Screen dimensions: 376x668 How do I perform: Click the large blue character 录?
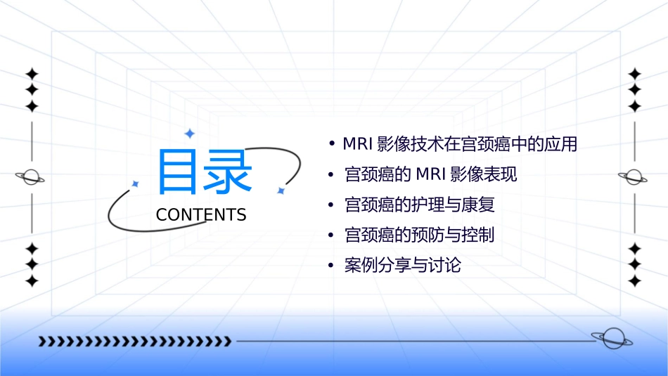[226, 172]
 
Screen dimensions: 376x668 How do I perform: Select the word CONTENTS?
[201, 215]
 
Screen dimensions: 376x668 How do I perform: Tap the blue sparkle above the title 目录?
[188, 134]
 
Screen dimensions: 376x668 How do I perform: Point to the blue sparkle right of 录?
[280, 190]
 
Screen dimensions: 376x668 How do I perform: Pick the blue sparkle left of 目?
[136, 183]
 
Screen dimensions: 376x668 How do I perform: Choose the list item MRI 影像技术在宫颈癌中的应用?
[460, 144]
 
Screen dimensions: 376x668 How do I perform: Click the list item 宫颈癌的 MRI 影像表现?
[430, 174]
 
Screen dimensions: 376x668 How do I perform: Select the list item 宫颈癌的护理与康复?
[420, 205]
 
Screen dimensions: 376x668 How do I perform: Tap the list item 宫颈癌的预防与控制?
[420, 235]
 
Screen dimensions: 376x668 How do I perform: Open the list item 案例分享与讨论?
[403, 266]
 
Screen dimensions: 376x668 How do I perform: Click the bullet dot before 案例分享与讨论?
[330, 266]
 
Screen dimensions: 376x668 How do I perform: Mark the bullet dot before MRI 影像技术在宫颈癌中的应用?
[330, 144]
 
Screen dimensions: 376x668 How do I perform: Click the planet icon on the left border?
[31, 177]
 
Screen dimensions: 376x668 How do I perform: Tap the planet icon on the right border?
[634, 177]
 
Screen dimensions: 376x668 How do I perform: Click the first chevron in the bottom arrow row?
[42, 342]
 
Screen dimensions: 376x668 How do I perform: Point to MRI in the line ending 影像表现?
[431, 174]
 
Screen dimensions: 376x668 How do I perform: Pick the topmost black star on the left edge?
[31, 74]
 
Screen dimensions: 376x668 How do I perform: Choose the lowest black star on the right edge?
[634, 281]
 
